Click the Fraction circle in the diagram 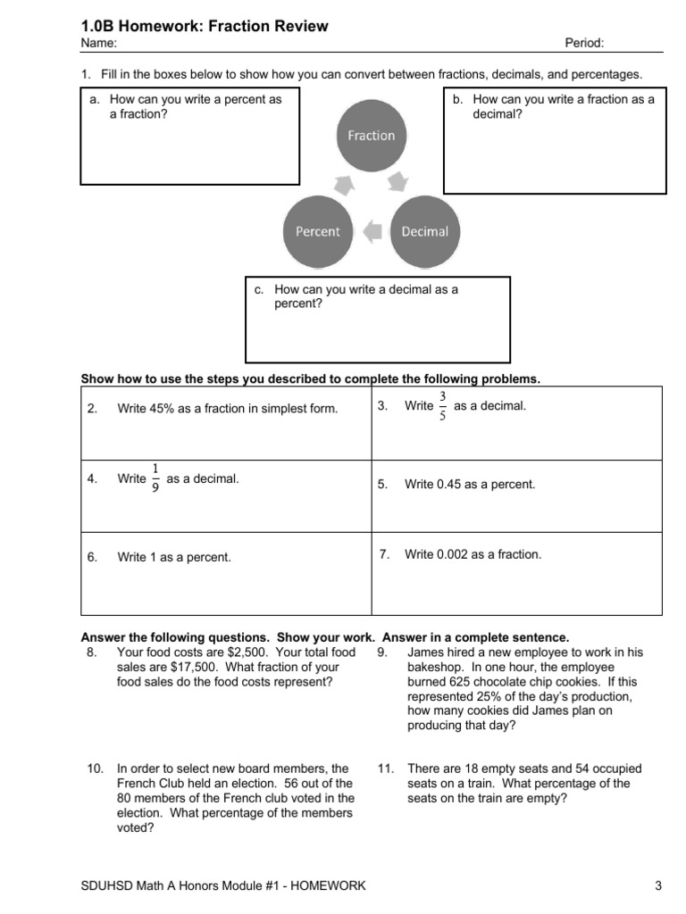(371, 136)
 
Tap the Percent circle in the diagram (317, 231)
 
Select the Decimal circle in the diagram (424, 231)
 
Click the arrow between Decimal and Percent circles (372, 231)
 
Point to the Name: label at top (98, 43)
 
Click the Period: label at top (584, 43)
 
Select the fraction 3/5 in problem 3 (443, 407)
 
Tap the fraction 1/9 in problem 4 (155, 479)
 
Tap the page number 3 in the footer (657, 885)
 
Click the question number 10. (95, 769)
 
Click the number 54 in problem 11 (546, 769)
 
